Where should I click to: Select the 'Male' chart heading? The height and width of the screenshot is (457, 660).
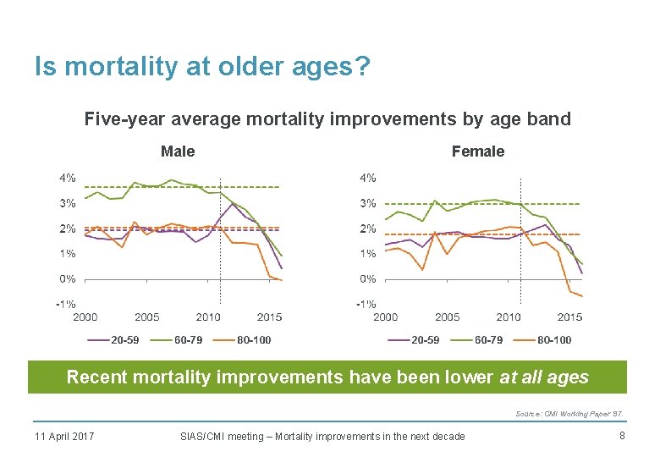pos(178,151)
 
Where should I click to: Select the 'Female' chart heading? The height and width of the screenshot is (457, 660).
pos(477,151)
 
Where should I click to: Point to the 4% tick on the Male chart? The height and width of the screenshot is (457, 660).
pos(67,178)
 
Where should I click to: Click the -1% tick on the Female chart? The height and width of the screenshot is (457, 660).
pos(366,304)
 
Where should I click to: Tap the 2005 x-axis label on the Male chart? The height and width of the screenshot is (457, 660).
pos(146,317)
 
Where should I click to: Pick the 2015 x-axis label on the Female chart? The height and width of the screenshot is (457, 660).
pos(569,317)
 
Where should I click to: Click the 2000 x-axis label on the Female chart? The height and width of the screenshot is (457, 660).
pos(385,317)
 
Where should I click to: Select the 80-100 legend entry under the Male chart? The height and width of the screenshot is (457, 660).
pos(254,340)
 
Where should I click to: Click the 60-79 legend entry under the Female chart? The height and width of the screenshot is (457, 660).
pos(488,340)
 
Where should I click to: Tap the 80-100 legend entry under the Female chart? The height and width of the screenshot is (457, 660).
pos(554,340)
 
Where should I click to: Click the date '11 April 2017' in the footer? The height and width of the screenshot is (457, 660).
pos(64,436)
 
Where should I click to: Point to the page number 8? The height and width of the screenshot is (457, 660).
pos(621,436)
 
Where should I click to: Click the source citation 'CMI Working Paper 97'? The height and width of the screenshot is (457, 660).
pos(580,414)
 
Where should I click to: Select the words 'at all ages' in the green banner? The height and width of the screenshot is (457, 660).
pos(544,377)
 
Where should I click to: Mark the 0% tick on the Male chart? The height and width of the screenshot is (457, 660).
pos(67,278)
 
